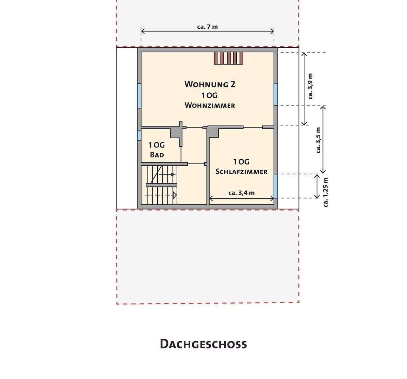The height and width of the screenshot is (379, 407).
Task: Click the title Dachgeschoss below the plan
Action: (x=203, y=344)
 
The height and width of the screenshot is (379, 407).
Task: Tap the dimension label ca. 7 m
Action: (x=208, y=27)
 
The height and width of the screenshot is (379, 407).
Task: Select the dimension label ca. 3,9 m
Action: (x=310, y=86)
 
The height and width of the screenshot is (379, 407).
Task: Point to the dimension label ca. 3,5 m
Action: (x=319, y=140)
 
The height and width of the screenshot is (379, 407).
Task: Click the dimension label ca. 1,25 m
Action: (x=326, y=192)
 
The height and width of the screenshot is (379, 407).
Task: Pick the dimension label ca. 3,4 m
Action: (x=241, y=193)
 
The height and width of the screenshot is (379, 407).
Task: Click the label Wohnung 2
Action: (x=210, y=84)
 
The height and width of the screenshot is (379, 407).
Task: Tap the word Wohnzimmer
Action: (x=210, y=105)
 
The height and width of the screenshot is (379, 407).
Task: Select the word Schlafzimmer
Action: (x=241, y=172)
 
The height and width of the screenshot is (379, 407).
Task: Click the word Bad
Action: (x=157, y=155)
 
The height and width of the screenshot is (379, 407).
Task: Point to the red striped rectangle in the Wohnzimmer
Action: (x=229, y=58)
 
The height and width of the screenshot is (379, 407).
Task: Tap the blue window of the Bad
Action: (x=139, y=135)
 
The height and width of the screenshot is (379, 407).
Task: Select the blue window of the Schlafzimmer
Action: (x=276, y=186)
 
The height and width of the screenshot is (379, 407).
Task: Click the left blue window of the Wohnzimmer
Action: (x=139, y=95)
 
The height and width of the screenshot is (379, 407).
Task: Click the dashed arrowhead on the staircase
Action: (x=175, y=195)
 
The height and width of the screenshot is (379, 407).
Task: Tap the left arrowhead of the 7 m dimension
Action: (x=142, y=31)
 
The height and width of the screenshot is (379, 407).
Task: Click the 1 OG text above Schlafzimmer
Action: (x=241, y=162)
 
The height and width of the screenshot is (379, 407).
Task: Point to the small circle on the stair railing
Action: (x=172, y=174)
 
